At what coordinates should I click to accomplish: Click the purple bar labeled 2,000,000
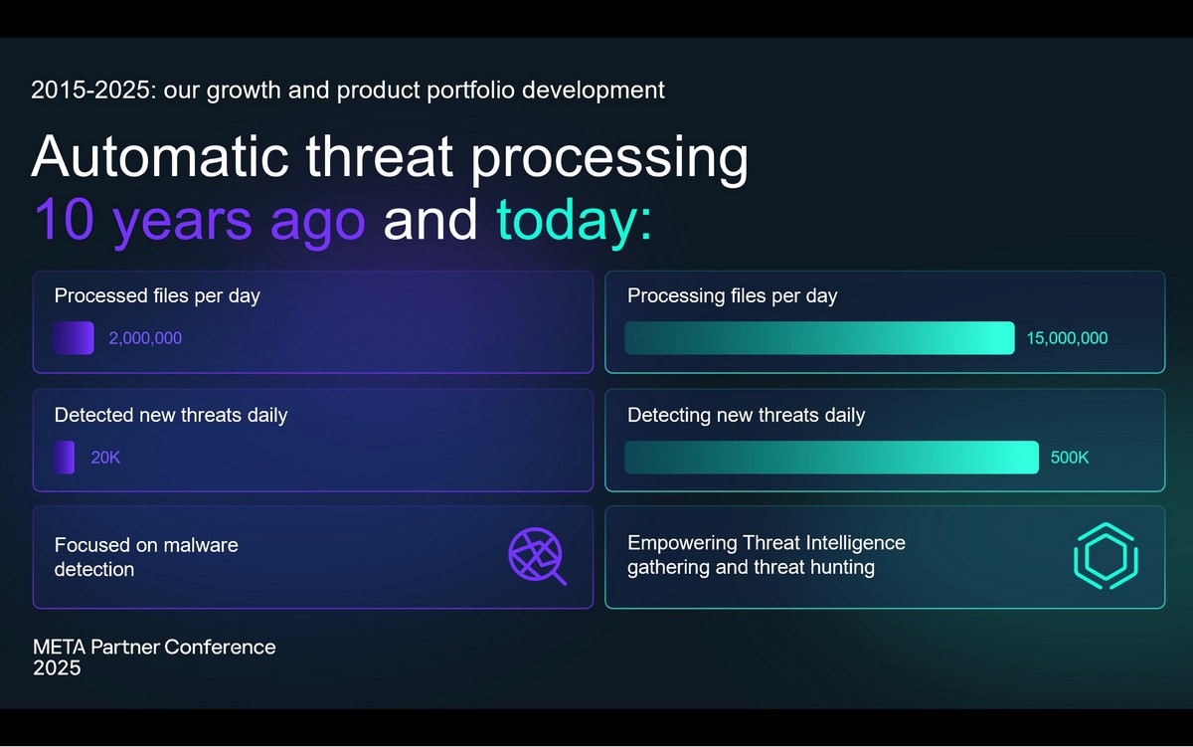[74, 338]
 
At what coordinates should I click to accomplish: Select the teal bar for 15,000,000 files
[819, 338]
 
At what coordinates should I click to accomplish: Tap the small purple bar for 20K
[64, 458]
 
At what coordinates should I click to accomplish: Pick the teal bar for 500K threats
[832, 458]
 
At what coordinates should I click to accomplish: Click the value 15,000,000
[1067, 338]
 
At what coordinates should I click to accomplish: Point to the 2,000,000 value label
[145, 338]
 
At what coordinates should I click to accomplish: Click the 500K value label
[1070, 458]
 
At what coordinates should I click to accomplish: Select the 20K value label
[105, 458]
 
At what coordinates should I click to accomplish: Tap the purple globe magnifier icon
[537, 556]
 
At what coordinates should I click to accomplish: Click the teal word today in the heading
[567, 220]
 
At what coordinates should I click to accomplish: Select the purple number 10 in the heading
[64, 220]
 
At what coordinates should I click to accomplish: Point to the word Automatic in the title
[160, 156]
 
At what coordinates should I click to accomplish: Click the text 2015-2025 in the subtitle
[90, 91]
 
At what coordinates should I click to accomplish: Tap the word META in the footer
[59, 647]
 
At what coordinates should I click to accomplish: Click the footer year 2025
[57, 668]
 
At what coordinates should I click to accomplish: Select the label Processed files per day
[157, 296]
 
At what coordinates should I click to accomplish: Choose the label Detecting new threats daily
[747, 416]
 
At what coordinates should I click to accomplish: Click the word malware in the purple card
[200, 545]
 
